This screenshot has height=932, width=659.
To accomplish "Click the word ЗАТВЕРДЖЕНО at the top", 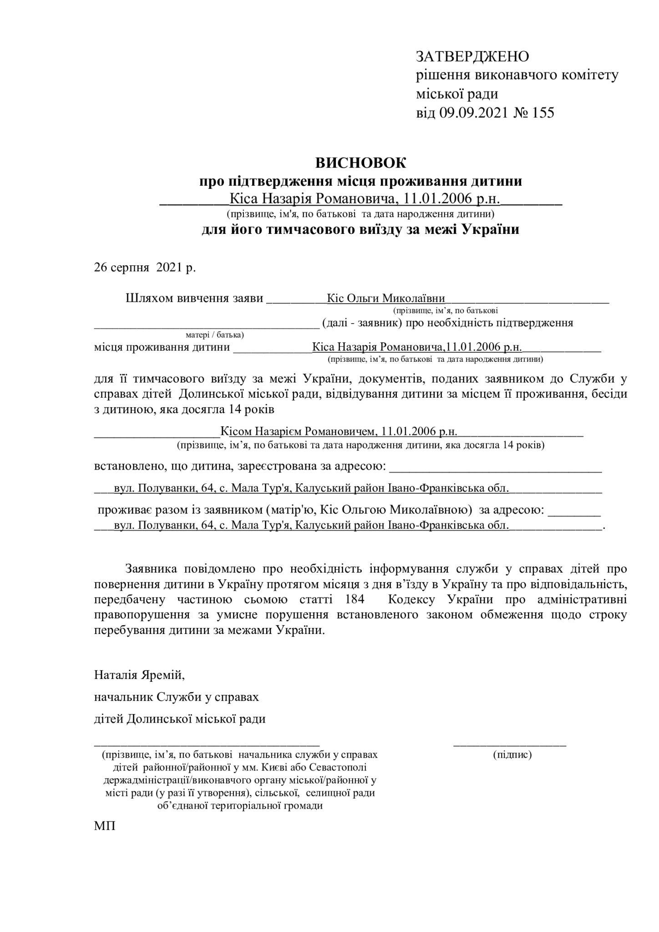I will (x=472, y=57).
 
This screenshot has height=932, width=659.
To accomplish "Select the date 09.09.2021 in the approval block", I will (x=473, y=113).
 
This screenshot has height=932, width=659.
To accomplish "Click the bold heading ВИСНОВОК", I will (x=360, y=162).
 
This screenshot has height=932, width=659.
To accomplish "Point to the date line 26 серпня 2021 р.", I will (x=145, y=268).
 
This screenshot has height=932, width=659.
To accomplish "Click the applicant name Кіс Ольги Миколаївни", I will (x=386, y=299).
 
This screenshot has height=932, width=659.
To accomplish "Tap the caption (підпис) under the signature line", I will (x=512, y=755).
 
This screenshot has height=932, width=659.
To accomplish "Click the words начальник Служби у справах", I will (x=177, y=697).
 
